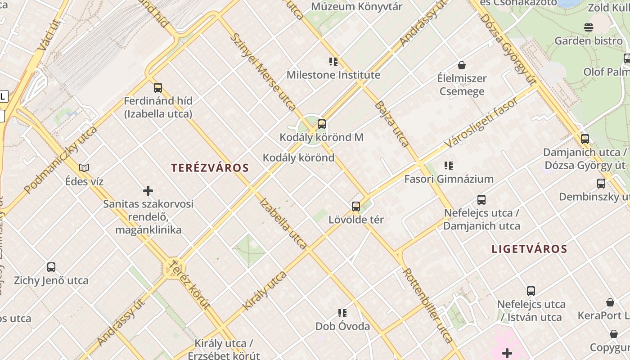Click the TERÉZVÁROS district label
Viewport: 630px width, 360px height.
coord(210,168)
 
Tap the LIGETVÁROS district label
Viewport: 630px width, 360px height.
coord(529,249)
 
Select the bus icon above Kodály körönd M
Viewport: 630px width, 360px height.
coord(322,124)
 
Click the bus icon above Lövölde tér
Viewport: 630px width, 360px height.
coord(356,207)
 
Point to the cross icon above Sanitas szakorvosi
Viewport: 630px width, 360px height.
coord(148,191)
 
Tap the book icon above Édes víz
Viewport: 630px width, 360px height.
coord(84,168)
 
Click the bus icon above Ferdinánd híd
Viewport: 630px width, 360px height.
coord(158,88)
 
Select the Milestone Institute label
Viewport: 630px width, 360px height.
coord(333,75)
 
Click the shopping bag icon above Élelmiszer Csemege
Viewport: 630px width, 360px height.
coord(462,65)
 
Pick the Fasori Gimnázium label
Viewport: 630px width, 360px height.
coord(449,179)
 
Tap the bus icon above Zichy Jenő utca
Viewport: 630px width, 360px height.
coord(51,267)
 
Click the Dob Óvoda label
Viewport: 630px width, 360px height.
coord(342,326)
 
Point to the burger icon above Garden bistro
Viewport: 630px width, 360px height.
coord(589,27)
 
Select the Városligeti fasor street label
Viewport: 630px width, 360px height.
coord(481,122)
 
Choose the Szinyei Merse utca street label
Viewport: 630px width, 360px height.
coord(263,72)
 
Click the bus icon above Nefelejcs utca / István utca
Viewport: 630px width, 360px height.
coord(531,291)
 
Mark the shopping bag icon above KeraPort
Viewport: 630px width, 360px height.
coord(610,302)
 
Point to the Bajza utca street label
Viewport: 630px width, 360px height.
coord(391,124)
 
